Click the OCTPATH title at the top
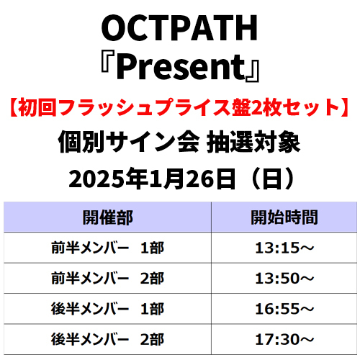coord(179,28)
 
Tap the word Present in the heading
coord(181,66)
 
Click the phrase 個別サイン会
coord(129,142)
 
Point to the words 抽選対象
coord(253,142)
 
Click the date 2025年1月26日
coord(152,179)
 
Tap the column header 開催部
coord(108,217)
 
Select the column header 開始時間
coord(284,217)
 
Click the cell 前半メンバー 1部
coord(108,248)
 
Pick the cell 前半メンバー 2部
coord(108,278)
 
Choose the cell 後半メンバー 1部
coord(108,309)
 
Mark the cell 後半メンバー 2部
coord(108,339)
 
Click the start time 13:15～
coord(284,248)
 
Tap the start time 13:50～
coord(284,278)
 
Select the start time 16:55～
coord(284,309)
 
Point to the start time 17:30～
coord(284,339)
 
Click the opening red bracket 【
coord(14,107)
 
